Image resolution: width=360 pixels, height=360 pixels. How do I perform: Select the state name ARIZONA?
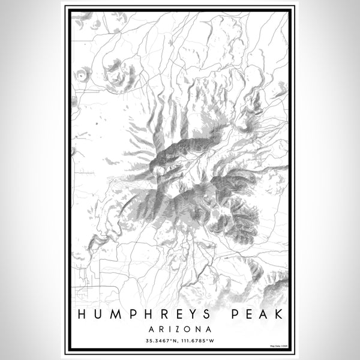(180, 329)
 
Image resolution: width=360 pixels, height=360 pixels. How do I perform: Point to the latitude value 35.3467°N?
(159, 341)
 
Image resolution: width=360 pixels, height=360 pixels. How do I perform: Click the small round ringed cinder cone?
(81, 75)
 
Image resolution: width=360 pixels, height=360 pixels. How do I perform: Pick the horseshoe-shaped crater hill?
(120, 72)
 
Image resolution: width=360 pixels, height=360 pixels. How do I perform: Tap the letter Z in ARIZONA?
(179, 329)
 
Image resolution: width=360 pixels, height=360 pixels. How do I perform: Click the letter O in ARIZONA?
(188, 329)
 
